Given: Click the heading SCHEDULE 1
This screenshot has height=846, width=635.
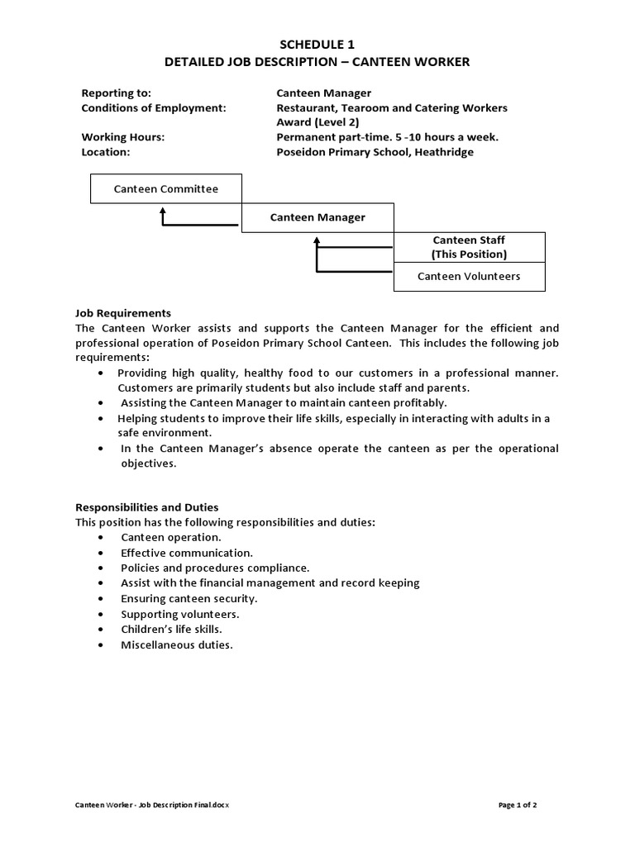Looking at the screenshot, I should tap(317, 45).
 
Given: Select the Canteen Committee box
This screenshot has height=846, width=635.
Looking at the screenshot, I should tap(166, 189).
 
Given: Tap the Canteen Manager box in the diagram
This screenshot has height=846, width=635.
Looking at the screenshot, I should tap(317, 217).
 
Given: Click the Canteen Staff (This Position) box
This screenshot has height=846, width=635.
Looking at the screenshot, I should tap(469, 247).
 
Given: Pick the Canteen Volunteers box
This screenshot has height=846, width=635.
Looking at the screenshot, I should tap(469, 276).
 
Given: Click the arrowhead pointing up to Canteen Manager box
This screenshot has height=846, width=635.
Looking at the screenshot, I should tap(316, 240).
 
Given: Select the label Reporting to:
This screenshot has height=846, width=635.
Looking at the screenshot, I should tap(116, 93).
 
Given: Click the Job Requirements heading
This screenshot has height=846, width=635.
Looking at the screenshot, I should tap(123, 313).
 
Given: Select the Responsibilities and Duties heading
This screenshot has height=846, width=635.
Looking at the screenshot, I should tap(147, 507).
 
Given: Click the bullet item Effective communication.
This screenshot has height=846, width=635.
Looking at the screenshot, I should tap(187, 553).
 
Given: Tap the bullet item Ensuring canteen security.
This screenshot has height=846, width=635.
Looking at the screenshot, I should tap(189, 598).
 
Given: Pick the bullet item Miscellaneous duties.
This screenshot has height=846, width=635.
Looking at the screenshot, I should tap(177, 644).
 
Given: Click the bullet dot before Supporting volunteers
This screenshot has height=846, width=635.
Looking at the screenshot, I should tap(100, 614).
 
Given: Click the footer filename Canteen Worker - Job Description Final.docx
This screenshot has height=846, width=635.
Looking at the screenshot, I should tap(153, 804).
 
